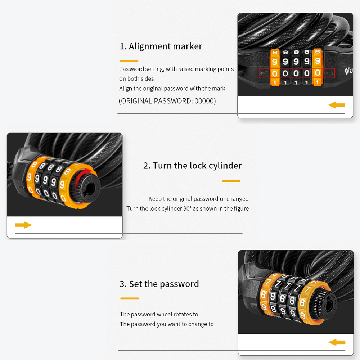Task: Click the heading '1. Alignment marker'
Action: click(161, 46)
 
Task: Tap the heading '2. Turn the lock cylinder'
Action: click(192, 166)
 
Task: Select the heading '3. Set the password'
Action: click(159, 284)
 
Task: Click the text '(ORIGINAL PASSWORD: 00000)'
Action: click(167, 101)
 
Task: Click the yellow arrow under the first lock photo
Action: click(336, 105)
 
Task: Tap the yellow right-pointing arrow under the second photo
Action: click(23, 225)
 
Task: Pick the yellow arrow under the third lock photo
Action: click(337, 343)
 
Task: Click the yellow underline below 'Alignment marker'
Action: click(129, 61)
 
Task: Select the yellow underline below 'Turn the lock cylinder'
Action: click(231, 181)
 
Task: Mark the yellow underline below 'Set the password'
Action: click(130, 298)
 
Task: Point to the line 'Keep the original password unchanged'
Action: click(198, 199)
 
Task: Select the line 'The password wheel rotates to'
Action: click(159, 314)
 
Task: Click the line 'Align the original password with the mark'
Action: click(172, 89)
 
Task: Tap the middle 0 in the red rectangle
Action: click(296, 73)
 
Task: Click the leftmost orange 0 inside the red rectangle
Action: click(275, 74)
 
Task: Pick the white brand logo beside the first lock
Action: click(348, 71)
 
